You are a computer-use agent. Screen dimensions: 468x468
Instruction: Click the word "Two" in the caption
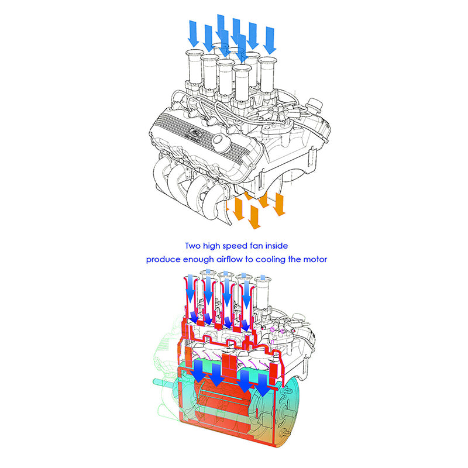tap(193, 246)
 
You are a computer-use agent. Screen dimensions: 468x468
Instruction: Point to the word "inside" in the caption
tap(277, 246)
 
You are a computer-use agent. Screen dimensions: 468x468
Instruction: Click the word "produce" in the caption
tap(163, 260)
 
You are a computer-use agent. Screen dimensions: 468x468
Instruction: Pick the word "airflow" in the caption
tap(230, 259)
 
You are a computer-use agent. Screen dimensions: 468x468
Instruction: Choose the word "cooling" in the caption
tap(271, 260)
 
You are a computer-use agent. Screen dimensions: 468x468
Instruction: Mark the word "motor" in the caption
tap(315, 259)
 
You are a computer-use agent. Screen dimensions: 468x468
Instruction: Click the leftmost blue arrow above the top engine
tap(194, 34)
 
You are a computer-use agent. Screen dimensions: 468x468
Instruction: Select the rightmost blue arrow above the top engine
tap(270, 41)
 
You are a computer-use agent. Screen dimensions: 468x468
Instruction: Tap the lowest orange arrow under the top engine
tap(254, 217)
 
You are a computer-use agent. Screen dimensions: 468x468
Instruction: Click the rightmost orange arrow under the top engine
tap(279, 204)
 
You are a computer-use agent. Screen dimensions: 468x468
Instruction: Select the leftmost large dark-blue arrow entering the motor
tap(198, 371)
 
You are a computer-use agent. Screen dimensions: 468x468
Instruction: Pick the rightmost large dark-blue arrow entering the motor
tap(262, 385)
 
